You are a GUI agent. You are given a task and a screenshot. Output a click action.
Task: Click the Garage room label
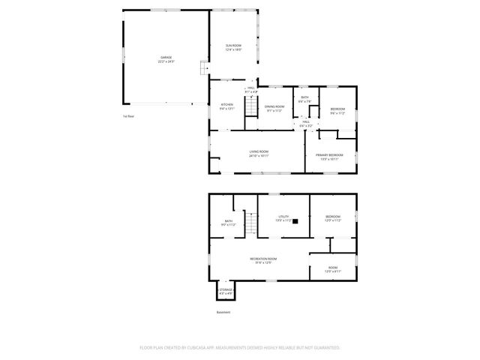pyautogui.click(x=166, y=60)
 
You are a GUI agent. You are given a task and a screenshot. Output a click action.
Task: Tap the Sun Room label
pyautogui.click(x=234, y=47)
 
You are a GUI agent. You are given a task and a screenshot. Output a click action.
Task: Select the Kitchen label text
pyautogui.click(x=226, y=106)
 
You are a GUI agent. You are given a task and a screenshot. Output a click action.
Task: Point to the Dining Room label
pyautogui.click(x=274, y=108)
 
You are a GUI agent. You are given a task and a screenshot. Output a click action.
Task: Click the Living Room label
pyautogui.click(x=259, y=154)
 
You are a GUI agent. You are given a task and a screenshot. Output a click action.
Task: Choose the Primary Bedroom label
pyautogui.click(x=330, y=157)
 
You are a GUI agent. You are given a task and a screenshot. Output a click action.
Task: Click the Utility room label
pyautogui.click(x=283, y=217)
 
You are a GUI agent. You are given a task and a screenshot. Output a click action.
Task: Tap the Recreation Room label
pyautogui.click(x=262, y=260)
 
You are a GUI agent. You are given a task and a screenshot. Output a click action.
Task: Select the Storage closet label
pyautogui.click(x=226, y=291)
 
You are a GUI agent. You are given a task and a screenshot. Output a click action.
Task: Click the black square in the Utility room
pyautogui.click(x=296, y=221)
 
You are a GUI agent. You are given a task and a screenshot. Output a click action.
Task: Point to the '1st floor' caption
pyautogui.click(x=128, y=116)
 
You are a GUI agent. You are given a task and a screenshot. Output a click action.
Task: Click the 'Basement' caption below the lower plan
pyautogui.click(x=223, y=312)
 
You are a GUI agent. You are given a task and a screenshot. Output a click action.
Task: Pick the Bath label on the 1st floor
pyautogui.click(x=304, y=98)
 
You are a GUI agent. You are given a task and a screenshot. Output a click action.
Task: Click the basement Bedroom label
pyautogui.click(x=333, y=218)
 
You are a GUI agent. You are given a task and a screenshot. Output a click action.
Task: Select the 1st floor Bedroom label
pyautogui.click(x=337, y=112)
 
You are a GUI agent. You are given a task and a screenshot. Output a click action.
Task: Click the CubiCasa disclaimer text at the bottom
pyautogui.click(x=240, y=348)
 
